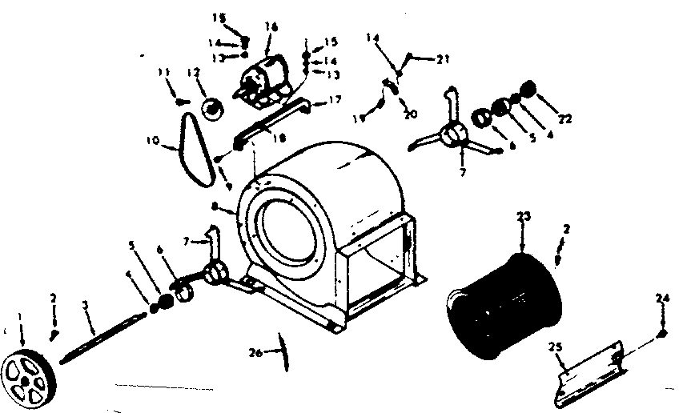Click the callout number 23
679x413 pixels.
[x=523, y=215]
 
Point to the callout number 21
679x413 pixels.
[x=444, y=58]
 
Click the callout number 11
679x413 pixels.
[x=164, y=73]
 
